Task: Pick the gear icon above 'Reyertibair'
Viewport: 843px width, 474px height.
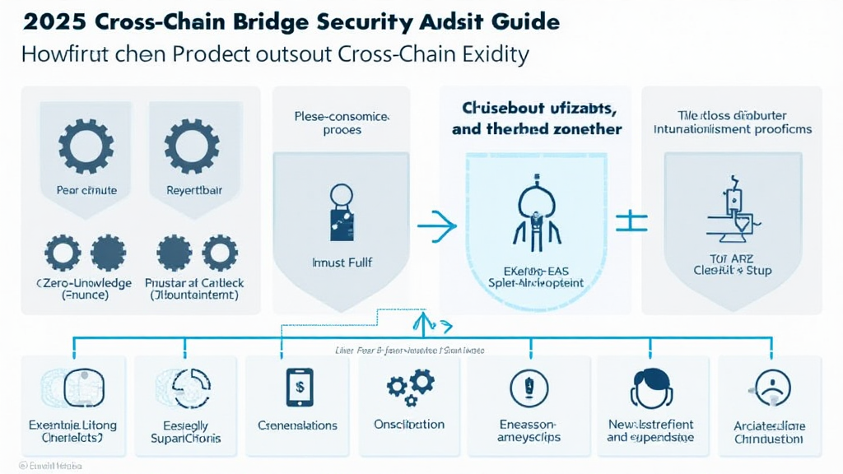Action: click(x=191, y=146)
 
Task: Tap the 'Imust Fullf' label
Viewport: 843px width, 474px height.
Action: click(x=342, y=263)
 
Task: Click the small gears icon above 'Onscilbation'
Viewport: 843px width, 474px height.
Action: click(x=409, y=386)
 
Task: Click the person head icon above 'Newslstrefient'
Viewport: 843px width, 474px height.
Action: click(x=650, y=387)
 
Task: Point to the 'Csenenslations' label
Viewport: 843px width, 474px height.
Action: click(x=297, y=425)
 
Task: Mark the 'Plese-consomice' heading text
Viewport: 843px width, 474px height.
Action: click(x=342, y=118)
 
